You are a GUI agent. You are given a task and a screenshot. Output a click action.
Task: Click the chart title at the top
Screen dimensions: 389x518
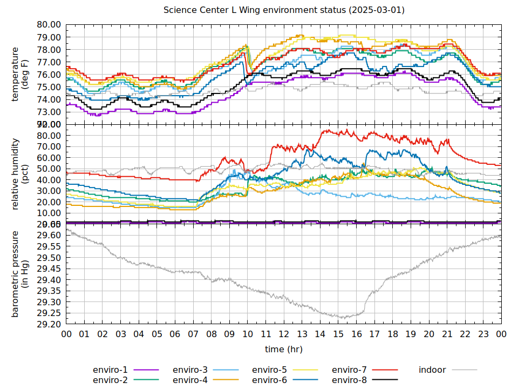point(284,10)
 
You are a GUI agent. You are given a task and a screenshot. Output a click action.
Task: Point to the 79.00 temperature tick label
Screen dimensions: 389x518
point(49,37)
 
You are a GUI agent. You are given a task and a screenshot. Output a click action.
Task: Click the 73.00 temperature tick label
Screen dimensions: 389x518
point(49,112)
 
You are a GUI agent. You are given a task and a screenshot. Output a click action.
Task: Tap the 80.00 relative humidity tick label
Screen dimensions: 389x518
point(49,135)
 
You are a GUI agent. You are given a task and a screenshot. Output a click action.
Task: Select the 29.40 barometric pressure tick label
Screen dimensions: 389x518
point(49,280)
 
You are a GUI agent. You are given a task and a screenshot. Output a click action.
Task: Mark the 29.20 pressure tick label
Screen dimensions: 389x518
point(49,324)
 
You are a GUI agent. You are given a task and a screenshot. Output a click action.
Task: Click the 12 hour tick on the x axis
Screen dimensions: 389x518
point(284,334)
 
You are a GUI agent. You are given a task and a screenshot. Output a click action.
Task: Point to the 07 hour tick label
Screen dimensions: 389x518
point(193,334)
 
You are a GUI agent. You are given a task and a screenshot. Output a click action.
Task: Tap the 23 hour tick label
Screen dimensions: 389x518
point(483,334)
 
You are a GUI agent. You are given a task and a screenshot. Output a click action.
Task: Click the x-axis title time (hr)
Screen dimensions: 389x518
point(284,350)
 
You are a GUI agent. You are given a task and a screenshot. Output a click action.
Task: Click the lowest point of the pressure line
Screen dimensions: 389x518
point(342,318)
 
